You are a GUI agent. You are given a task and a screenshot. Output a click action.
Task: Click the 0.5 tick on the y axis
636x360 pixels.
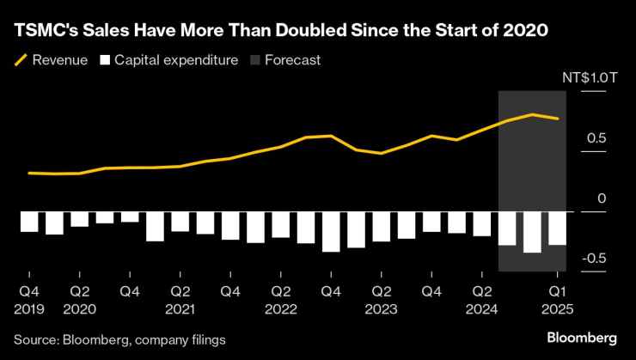pyautogui.click(x=596, y=138)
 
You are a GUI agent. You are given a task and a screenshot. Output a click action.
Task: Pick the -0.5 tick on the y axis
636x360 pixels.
pyautogui.click(x=595, y=258)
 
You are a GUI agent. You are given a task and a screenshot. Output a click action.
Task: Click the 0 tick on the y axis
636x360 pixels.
pyautogui.click(x=602, y=198)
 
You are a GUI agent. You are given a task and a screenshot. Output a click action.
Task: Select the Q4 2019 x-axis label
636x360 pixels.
pyautogui.click(x=29, y=298)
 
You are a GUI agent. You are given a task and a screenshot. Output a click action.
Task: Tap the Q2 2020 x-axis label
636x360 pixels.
pyautogui.click(x=80, y=298)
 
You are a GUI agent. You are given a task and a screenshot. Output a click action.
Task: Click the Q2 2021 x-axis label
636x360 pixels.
pyautogui.click(x=180, y=298)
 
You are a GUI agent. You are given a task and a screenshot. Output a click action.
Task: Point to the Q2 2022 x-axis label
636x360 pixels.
pyautogui.click(x=280, y=298)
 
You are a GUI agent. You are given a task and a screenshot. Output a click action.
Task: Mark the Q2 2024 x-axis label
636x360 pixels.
pyautogui.click(x=481, y=298)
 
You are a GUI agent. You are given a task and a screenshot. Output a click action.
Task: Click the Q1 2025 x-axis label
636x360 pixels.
pyautogui.click(x=557, y=298)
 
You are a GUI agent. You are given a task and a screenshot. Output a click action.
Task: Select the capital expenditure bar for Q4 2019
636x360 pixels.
pyautogui.click(x=29, y=221)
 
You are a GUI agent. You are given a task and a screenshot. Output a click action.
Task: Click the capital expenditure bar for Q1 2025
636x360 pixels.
pyautogui.click(x=557, y=228)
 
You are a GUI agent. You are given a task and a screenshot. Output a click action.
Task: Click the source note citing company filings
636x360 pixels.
pyautogui.click(x=119, y=340)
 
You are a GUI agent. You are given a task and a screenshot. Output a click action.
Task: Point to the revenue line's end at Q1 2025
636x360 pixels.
pyautogui.click(x=558, y=119)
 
